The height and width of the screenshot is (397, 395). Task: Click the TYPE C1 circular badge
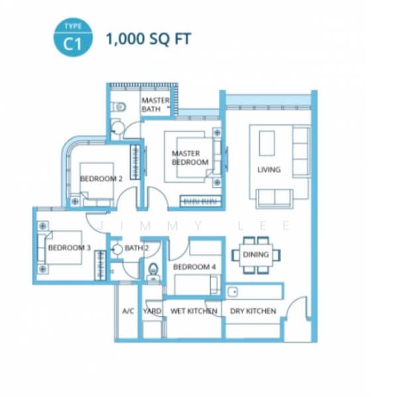click(x=73, y=37)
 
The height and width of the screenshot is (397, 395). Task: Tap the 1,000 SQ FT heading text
click(x=148, y=39)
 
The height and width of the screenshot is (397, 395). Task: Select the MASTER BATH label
click(x=155, y=105)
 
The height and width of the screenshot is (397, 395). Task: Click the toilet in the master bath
click(x=119, y=107)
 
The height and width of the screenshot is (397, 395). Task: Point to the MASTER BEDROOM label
click(x=190, y=157)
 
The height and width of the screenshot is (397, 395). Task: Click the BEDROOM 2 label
click(x=101, y=179)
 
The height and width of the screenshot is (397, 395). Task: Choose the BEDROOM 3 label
click(x=69, y=247)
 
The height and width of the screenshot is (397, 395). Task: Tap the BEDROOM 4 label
click(x=194, y=267)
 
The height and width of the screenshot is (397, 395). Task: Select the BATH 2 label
click(x=137, y=248)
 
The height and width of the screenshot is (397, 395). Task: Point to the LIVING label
click(x=269, y=169)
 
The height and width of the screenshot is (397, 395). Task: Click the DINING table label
click(x=256, y=255)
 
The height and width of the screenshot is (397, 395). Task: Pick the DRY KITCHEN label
click(x=253, y=311)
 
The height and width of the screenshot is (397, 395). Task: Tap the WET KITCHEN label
click(x=194, y=311)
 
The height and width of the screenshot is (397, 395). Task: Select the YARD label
click(x=152, y=311)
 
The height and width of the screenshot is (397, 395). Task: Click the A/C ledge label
click(x=128, y=311)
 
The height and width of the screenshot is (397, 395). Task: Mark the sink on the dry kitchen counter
click(x=233, y=292)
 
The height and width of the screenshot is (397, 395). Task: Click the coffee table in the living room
click(x=266, y=144)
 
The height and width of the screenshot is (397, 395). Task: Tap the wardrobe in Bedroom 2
click(x=135, y=162)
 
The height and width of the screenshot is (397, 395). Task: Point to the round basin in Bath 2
click(x=117, y=249)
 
